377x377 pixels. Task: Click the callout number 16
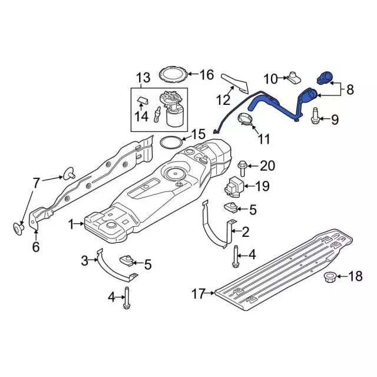(x=206, y=75)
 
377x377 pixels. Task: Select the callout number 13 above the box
(x=144, y=77)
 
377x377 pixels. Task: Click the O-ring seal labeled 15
(x=170, y=143)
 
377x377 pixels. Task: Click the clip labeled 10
(x=293, y=76)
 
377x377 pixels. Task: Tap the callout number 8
(x=349, y=90)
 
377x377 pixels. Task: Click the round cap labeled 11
(x=246, y=120)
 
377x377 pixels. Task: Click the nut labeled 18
(x=331, y=277)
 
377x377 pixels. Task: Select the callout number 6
(x=35, y=247)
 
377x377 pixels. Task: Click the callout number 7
(x=36, y=183)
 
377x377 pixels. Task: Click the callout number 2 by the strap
(x=245, y=232)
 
